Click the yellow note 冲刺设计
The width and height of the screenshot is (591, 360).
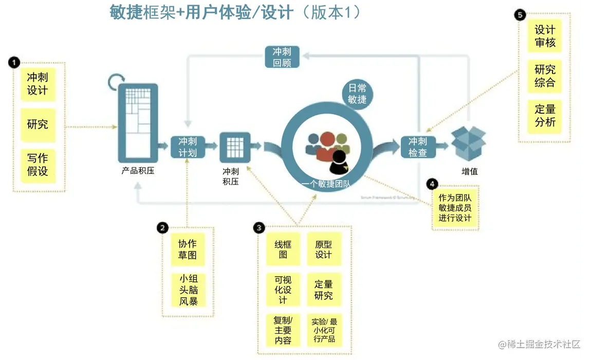point(38,84)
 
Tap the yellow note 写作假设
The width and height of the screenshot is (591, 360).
point(38,165)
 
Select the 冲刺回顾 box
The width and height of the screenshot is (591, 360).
point(282,58)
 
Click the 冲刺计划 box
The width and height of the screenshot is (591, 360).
point(188,147)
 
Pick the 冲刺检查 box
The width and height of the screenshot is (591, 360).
point(418,147)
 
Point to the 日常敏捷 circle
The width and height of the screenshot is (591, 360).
point(357,93)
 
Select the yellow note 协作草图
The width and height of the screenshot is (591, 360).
point(188,249)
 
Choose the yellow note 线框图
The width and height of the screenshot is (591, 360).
point(283,249)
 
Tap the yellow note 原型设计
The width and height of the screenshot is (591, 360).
point(324,249)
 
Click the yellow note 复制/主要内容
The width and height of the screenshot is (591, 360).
point(283,329)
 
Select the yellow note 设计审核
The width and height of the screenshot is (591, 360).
point(545,36)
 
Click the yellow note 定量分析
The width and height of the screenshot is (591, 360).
point(545,116)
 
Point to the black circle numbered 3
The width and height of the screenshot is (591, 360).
point(260,227)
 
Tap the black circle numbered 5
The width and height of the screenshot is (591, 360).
point(520,15)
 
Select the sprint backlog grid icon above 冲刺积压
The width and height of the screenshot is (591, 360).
point(235,148)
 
